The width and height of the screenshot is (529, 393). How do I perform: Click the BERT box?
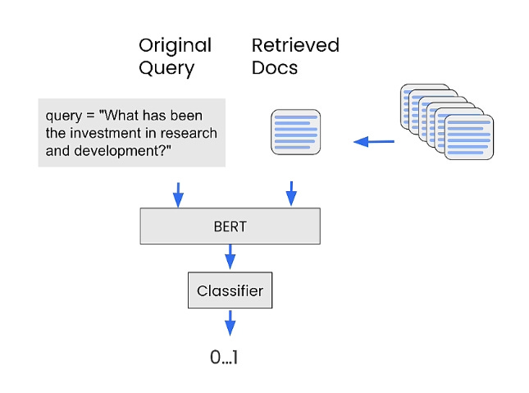[230, 226]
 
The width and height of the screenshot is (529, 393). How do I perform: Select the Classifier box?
[230, 290]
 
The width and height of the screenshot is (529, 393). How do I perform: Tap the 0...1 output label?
[224, 357]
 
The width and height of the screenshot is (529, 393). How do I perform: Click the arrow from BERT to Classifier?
[230, 257]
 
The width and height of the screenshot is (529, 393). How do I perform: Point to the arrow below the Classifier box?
[230, 323]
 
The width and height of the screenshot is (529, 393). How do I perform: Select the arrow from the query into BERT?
[178, 194]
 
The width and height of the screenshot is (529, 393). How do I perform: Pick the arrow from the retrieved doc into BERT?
[291, 194]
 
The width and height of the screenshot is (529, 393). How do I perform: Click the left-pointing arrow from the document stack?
[374, 141]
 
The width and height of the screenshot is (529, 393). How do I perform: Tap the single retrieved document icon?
[296, 132]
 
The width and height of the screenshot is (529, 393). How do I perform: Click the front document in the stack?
[469, 137]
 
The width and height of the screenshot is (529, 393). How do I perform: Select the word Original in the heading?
[175, 45]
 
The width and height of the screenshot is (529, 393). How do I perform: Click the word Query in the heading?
[166, 69]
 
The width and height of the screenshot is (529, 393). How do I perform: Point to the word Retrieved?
[295, 45]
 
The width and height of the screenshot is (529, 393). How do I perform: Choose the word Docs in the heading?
[275, 67]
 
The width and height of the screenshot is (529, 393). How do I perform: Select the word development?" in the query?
[122, 151]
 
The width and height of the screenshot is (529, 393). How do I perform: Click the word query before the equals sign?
[64, 116]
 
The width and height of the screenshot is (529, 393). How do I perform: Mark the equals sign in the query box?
[90, 116]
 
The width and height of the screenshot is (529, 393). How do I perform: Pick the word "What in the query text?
[118, 115]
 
